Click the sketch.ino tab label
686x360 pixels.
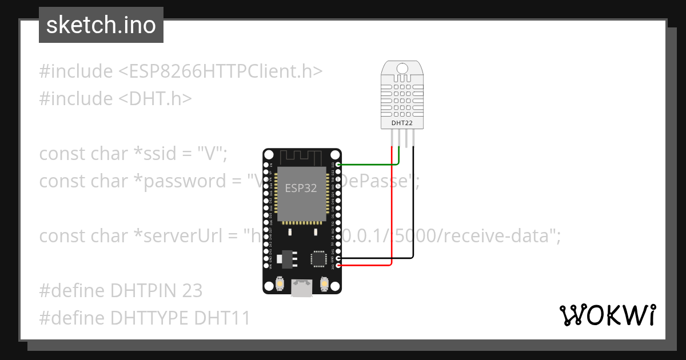pos(101,25)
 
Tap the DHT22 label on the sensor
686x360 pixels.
pos(402,122)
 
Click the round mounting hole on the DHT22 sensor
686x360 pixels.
pos(402,69)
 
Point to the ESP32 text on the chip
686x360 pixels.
pos(301,189)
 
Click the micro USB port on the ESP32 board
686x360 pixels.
pos(302,288)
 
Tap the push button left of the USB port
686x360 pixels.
pos(280,283)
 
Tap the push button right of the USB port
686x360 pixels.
pos(324,283)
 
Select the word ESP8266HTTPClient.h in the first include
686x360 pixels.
pos(221,71)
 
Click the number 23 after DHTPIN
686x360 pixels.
pos(192,290)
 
